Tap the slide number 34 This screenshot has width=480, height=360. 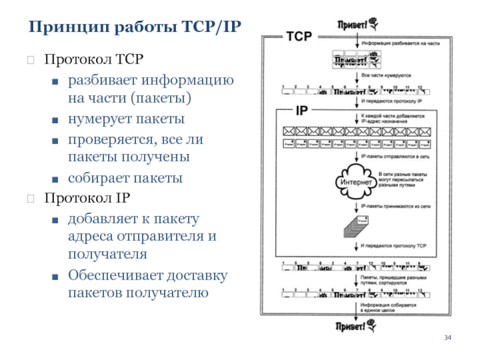click(447, 339)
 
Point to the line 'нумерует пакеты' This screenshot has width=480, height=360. click(126, 119)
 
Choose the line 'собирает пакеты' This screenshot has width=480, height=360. click(125, 178)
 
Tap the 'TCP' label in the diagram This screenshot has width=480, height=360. click(299, 37)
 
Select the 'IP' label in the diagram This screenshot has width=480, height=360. click(301, 110)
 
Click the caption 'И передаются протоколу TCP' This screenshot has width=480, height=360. click(394, 246)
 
